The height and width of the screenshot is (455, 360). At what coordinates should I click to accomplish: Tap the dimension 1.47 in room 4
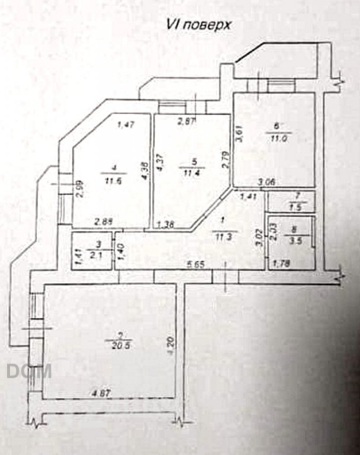click(127, 124)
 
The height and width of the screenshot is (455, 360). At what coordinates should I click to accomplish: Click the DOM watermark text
click(30, 371)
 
